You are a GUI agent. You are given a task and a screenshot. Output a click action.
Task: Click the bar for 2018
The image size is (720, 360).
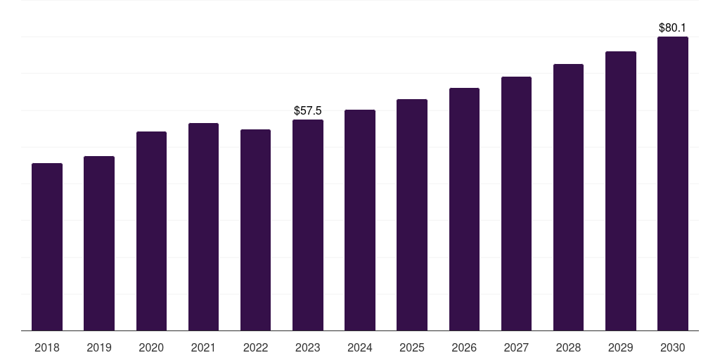(47, 246)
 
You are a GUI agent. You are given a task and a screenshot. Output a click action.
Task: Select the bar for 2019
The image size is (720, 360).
(99, 243)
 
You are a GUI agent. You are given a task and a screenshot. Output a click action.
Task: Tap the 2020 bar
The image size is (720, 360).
(151, 231)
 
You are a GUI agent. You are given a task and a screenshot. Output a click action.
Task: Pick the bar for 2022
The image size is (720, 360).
(255, 229)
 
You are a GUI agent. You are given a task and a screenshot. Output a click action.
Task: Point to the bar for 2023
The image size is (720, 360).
(308, 224)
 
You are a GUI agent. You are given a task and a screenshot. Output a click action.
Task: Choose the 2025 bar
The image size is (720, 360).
(412, 214)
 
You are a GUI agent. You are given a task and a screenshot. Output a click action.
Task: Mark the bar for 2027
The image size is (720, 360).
(516, 203)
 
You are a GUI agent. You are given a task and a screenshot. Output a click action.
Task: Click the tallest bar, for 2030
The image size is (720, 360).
(673, 183)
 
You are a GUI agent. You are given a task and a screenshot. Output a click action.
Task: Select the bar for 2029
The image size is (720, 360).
(621, 191)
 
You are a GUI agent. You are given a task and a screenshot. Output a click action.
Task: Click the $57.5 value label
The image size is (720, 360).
(308, 110)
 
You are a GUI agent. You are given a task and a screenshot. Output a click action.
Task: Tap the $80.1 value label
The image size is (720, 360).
(673, 28)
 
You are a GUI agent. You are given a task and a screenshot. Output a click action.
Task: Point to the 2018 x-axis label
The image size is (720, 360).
(47, 347)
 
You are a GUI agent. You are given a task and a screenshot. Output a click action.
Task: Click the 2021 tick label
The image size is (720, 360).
(203, 347)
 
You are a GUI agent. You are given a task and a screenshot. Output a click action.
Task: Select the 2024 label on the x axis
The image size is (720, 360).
(360, 347)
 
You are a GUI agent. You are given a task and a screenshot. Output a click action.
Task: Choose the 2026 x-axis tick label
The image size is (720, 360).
(464, 347)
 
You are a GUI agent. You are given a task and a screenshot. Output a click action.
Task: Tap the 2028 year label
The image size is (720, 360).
(568, 347)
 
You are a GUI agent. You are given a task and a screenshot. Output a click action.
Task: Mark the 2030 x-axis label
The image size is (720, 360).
(673, 347)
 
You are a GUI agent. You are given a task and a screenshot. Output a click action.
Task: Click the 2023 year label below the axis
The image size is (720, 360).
(308, 347)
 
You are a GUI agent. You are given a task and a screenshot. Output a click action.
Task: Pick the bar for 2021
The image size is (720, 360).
(203, 226)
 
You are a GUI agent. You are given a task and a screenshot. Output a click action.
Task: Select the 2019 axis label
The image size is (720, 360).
(99, 347)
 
